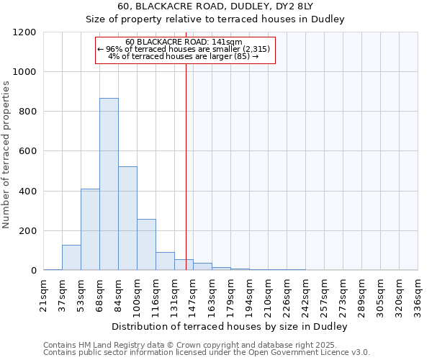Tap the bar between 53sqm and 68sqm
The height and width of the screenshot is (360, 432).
tap(90, 230)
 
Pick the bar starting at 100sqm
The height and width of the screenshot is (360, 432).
tap(146, 245)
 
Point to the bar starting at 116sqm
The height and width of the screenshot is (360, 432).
tap(165, 261)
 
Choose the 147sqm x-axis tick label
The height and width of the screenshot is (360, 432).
tap(194, 293)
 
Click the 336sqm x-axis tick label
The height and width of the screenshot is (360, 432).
tap(418, 293)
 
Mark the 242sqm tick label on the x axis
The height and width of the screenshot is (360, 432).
tap(306, 293)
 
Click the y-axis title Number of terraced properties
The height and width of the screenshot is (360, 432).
tap(6, 155)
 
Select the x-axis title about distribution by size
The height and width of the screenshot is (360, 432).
tap(230, 326)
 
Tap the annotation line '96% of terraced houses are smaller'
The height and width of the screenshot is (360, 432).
tap(184, 49)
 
